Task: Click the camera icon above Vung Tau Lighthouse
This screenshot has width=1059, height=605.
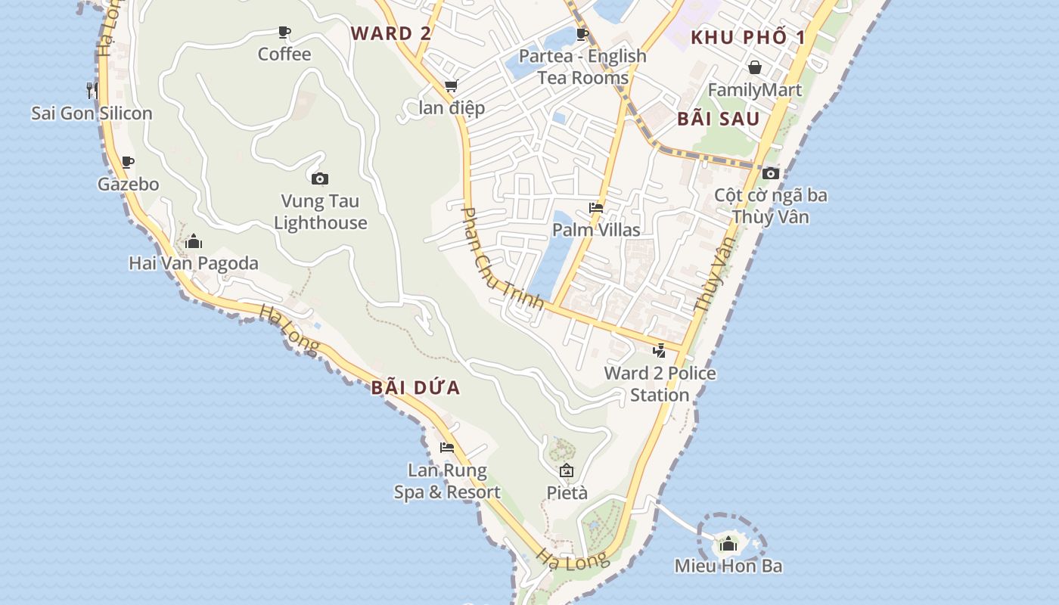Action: pos(320,178)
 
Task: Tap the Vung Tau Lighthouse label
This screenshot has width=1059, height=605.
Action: pos(321,212)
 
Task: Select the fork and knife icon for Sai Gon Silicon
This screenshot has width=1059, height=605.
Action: pos(92,91)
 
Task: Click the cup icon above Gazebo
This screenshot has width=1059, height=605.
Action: pos(128,162)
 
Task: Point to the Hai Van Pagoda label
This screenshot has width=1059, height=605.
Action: pos(194,263)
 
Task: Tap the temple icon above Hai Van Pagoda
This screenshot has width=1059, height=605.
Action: pos(194,241)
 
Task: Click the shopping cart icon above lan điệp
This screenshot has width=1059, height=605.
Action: pos(452,85)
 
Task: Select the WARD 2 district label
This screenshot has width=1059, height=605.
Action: pos(391,33)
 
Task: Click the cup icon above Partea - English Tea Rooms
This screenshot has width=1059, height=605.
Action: pos(582,34)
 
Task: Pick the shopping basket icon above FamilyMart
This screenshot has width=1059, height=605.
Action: pos(754,67)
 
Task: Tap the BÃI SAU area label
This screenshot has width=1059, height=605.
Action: pos(718,119)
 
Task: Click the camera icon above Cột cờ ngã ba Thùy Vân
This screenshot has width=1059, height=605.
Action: pos(771,173)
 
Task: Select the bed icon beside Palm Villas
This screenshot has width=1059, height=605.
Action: pos(596,208)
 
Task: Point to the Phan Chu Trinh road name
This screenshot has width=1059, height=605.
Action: pos(502,258)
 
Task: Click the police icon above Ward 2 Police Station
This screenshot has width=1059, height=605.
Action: pos(660,350)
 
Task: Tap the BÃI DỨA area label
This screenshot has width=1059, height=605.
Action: pos(415,388)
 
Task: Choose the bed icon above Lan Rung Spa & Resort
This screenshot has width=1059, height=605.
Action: pos(447,448)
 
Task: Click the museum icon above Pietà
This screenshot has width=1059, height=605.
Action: pos(567,470)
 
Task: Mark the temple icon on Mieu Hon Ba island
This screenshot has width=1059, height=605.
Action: pos(728,543)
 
